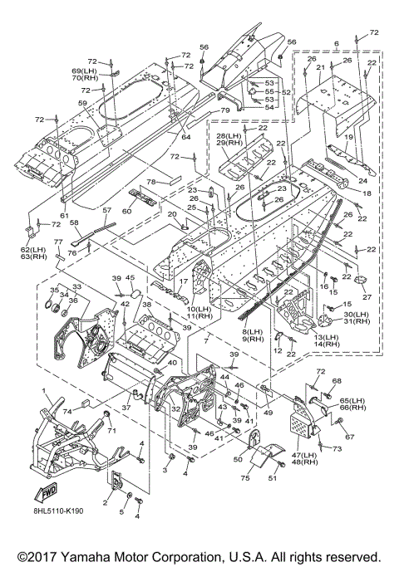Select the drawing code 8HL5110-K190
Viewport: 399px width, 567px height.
(x=58, y=511)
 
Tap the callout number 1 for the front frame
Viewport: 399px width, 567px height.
(x=44, y=391)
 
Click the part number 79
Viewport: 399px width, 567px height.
(x=224, y=110)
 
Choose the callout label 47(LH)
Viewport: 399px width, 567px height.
(x=303, y=455)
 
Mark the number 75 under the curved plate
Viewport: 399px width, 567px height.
(x=245, y=478)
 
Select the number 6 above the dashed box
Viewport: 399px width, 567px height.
(x=337, y=44)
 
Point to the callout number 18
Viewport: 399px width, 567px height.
(x=367, y=193)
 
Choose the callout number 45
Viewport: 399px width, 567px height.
(x=130, y=278)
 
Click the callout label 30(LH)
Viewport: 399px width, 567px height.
(x=357, y=315)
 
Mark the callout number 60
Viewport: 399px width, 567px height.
(x=126, y=211)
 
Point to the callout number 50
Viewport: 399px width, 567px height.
(x=238, y=459)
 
